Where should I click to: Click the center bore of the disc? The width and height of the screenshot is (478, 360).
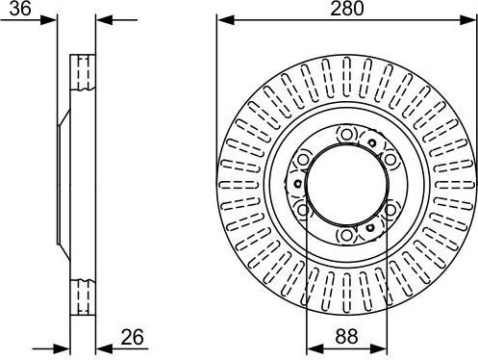[346, 182]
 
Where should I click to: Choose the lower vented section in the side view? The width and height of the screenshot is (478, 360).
[84, 292]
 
